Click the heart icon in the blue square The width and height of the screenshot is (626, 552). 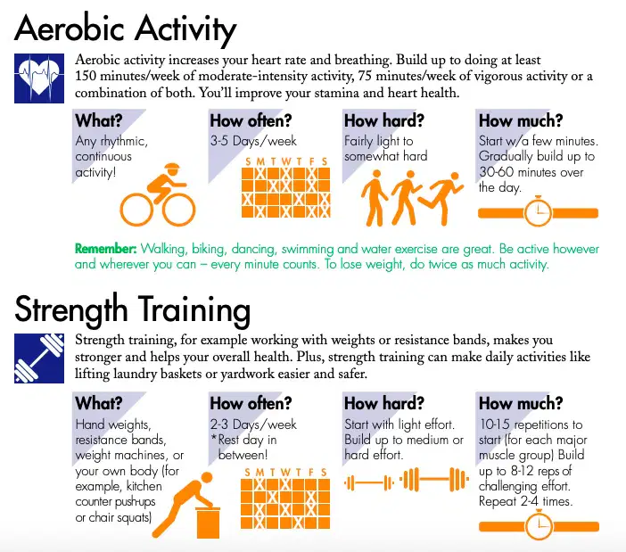39,78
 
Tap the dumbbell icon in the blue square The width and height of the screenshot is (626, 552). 39,358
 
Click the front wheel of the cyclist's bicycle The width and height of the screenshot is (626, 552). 178,210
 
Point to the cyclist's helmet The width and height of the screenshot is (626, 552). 172,168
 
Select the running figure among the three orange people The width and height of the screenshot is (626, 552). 442,197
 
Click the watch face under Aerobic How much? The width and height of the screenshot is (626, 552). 538,213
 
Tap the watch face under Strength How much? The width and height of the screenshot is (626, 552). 539,526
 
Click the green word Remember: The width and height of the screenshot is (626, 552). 106,249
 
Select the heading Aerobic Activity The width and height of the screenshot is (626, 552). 126,29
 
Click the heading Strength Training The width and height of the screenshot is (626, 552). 133,310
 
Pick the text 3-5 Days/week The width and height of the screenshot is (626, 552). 253,141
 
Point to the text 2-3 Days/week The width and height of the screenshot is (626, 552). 253,424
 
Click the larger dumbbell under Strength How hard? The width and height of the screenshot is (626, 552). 434,480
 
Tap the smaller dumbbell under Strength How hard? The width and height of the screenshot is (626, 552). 369,483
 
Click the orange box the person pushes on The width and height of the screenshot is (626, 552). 208,523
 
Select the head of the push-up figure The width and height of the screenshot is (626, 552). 207,478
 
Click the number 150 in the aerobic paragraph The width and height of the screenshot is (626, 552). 86,76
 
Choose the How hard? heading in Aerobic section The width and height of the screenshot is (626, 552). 384,120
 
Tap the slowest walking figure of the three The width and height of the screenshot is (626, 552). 374,198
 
